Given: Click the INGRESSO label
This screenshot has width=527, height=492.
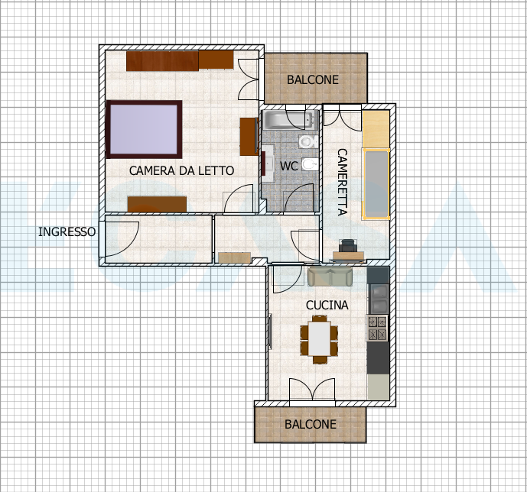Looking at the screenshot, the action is (x=67, y=232).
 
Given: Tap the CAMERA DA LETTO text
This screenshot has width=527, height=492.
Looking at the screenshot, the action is (x=181, y=170).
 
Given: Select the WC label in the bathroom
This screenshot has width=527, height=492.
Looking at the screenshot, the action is (x=288, y=166).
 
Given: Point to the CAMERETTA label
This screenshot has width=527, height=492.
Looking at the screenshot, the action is (x=342, y=182).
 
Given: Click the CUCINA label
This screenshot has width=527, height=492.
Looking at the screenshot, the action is (x=327, y=305).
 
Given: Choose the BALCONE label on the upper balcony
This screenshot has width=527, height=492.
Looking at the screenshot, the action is (x=313, y=80).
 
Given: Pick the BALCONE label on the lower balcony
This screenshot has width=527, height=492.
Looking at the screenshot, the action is (x=311, y=424).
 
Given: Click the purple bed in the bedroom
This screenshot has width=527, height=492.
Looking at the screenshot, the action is (x=144, y=129).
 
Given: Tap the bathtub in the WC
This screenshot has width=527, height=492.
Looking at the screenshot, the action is (x=291, y=120).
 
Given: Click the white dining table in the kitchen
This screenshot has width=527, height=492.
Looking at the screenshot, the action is (x=319, y=338).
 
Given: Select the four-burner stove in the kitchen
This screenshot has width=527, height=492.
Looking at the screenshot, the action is (x=377, y=329).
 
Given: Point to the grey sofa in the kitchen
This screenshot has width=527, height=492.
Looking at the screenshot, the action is (x=330, y=277).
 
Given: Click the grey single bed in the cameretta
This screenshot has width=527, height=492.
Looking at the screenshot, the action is (x=376, y=184).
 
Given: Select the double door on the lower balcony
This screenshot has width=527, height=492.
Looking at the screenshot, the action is (x=312, y=390).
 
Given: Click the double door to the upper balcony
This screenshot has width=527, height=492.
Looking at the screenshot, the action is (x=249, y=79).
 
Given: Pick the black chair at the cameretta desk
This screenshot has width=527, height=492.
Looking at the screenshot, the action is (x=347, y=246).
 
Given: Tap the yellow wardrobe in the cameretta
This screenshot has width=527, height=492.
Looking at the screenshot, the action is (x=376, y=129).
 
